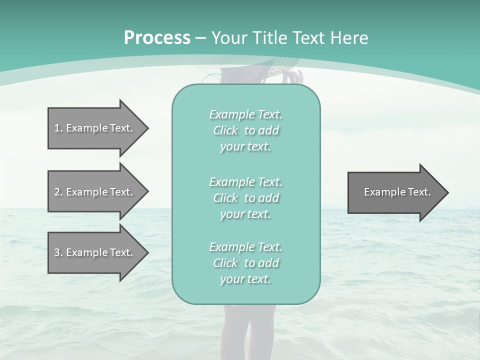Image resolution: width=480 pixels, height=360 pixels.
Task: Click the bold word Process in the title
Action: pyautogui.click(x=157, y=37)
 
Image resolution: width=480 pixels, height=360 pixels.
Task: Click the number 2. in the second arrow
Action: pyautogui.click(x=58, y=192)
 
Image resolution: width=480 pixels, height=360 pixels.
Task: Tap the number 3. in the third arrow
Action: pyautogui.click(x=58, y=252)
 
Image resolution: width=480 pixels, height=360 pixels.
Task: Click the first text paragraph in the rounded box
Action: pyautogui.click(x=245, y=130)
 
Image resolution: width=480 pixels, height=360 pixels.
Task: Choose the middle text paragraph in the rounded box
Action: pyautogui.click(x=245, y=198)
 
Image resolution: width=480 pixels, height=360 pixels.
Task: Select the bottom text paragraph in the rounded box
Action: pyautogui.click(x=245, y=263)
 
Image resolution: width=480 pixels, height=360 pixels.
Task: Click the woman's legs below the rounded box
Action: pyautogui.click(x=247, y=330)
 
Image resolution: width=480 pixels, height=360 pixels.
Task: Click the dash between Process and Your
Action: pyautogui.click(x=200, y=38)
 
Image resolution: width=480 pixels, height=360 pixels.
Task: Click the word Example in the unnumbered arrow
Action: pyautogui.click(x=381, y=192)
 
